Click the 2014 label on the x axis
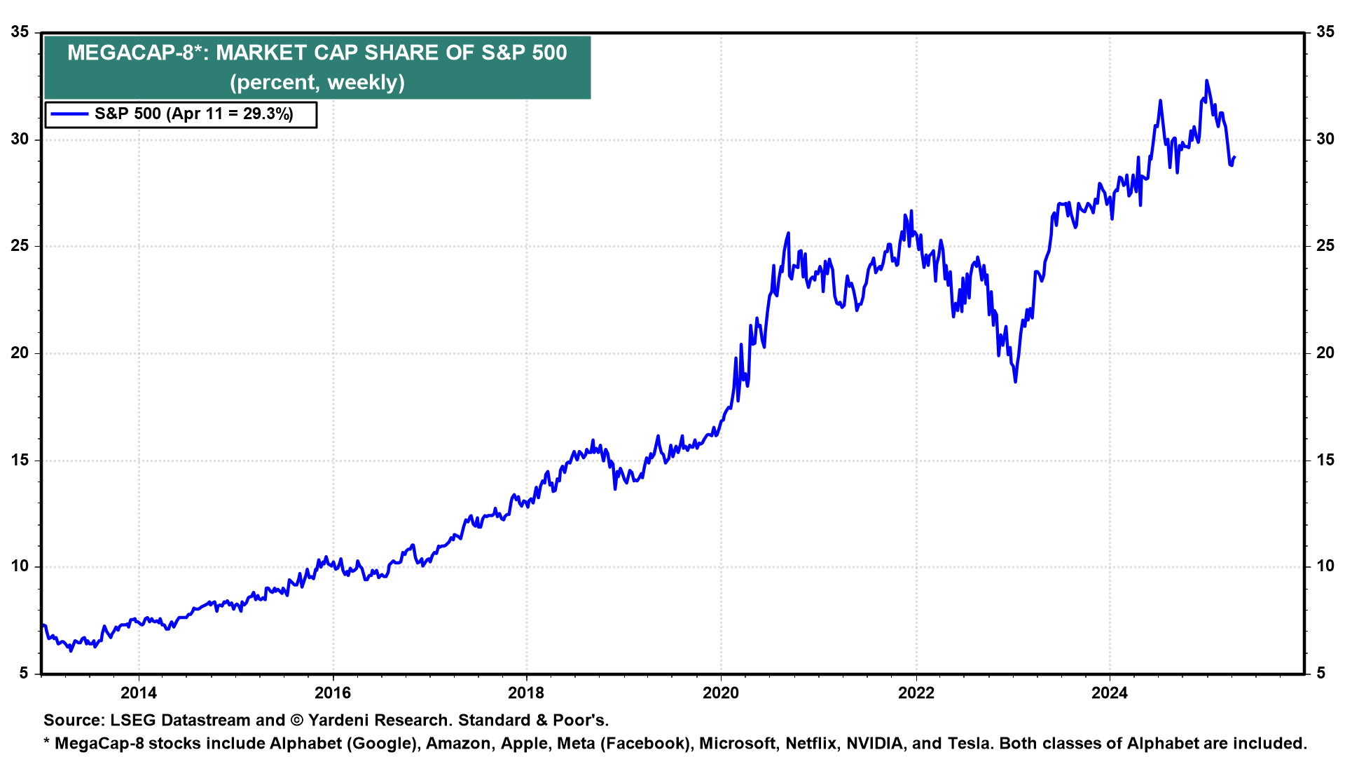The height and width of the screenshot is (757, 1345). coord(139,693)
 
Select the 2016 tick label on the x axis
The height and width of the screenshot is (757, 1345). coord(333,693)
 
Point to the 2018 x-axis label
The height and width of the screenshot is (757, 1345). coord(526,693)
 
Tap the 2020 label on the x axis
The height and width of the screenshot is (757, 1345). coord(721,693)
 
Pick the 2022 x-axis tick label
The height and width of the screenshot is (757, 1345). coord(916,693)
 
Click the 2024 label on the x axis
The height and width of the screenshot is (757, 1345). coord(1110,693)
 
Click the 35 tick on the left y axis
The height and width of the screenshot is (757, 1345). coord(20,32)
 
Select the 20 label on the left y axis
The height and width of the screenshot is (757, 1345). coord(20,353)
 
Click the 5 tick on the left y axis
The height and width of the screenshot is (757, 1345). coord(24,674)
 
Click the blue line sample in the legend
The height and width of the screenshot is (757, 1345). coord(69,114)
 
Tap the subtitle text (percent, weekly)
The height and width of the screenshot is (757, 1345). coord(317,83)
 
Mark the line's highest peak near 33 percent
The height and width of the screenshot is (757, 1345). coord(1206,81)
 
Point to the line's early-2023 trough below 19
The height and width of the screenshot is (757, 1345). coord(1015,381)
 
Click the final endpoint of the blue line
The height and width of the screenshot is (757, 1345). coord(1234,157)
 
